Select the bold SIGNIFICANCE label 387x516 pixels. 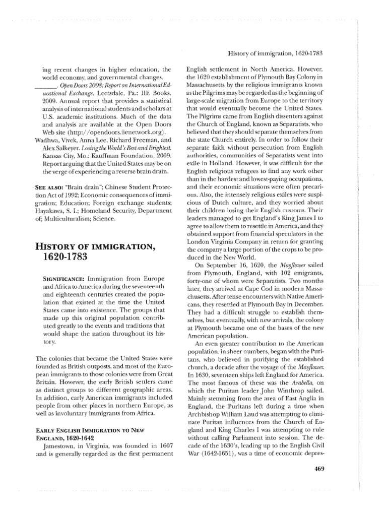pyautogui.click(x=63, y=278)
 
